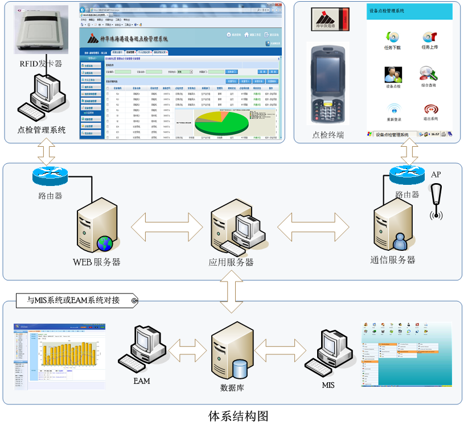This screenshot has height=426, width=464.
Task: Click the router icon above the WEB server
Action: (50, 176)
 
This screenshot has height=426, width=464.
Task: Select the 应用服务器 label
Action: (231, 262)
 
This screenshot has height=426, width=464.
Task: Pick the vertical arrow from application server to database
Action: (231, 291)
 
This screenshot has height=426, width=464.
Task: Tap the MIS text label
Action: (328, 385)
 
